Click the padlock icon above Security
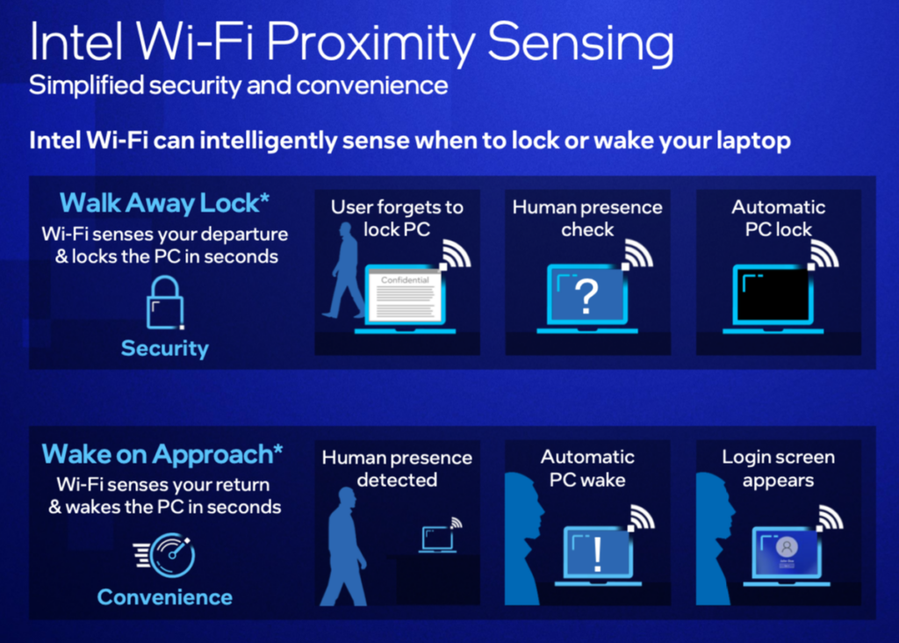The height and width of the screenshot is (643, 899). coord(164,302)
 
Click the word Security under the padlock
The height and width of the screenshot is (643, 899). coord(165,349)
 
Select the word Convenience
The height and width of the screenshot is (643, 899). coord(165,597)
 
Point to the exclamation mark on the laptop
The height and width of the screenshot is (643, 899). coord(597,554)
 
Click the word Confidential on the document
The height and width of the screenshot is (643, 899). coord(406,279)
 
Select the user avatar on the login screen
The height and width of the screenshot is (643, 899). coord(787,546)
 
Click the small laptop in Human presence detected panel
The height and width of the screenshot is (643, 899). coord(437,538)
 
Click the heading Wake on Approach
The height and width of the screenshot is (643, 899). coord(162,454)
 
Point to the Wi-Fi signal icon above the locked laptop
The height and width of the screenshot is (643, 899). coord(823,254)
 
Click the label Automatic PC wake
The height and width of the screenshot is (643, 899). coord(587,468)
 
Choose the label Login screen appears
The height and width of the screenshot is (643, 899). coord(778,468)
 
